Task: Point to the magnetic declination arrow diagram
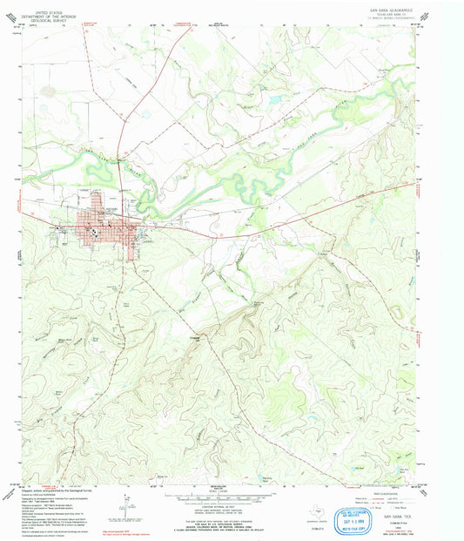[x=129, y=505]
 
